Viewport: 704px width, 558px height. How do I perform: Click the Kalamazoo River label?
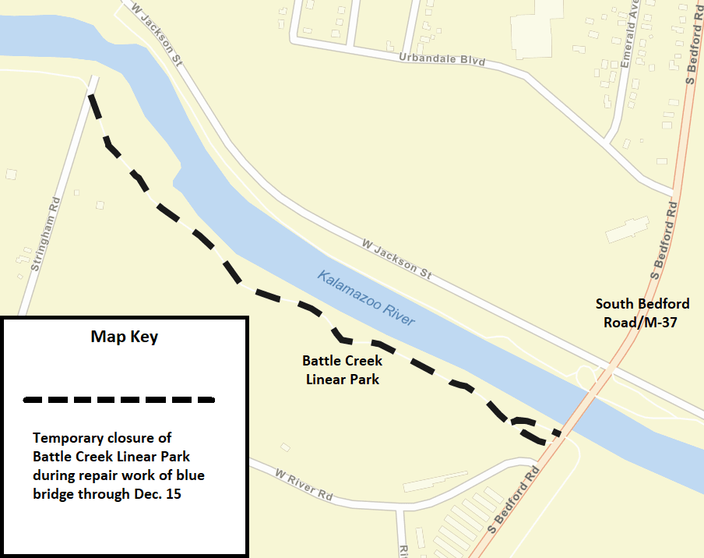366,298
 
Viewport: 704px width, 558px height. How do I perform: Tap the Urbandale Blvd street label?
442,60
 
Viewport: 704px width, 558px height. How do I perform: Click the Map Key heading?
125,337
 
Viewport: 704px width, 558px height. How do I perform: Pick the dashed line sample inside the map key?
119,400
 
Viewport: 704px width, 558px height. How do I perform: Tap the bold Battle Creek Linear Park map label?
342,370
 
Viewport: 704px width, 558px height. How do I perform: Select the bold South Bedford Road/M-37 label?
642,312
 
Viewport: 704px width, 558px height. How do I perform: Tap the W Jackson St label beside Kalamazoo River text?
396,259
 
